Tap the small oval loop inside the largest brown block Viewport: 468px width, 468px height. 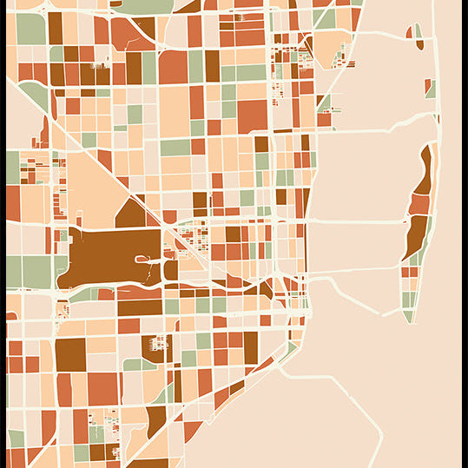pyautogui.click(x=142, y=258)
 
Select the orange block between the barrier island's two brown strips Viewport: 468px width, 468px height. pyautogui.click(x=420, y=205)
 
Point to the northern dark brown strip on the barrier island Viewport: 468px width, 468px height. pyautogui.click(x=424, y=169)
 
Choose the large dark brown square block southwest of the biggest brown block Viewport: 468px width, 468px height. pyautogui.click(x=70, y=355)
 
